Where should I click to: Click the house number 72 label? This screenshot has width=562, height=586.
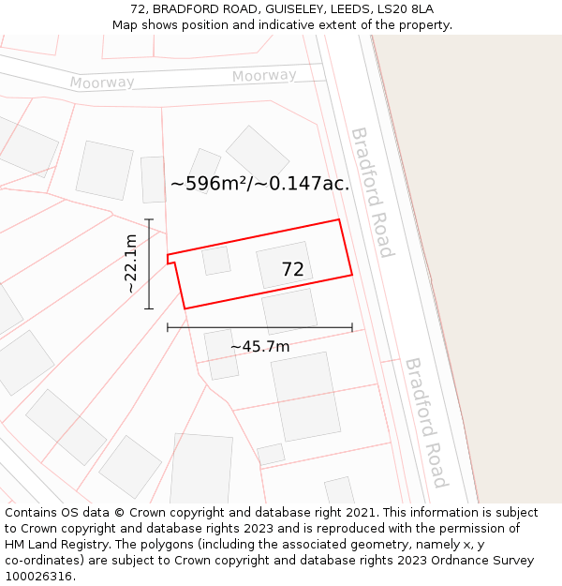pyautogui.click(x=292, y=270)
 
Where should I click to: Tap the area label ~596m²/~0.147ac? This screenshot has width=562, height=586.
pyautogui.click(x=259, y=184)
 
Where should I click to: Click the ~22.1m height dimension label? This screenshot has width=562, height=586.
pyautogui.click(x=131, y=263)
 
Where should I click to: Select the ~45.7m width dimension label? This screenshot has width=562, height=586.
pyautogui.click(x=259, y=347)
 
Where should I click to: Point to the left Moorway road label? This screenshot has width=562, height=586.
pyautogui.click(x=102, y=83)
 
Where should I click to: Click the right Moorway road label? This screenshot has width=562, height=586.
pyautogui.click(x=264, y=76)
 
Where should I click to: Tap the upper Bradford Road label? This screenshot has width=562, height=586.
pyautogui.click(x=371, y=192)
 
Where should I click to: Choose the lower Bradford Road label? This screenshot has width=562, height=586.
pyautogui.click(x=424, y=423)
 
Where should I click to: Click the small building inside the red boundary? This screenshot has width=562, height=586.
pyautogui.click(x=216, y=260)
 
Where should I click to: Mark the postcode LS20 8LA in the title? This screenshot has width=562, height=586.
pyautogui.click(x=406, y=9)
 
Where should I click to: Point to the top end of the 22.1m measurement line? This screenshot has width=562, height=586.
pyautogui.click(x=149, y=219)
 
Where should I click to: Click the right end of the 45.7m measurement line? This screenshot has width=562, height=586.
pyautogui.click(x=352, y=327)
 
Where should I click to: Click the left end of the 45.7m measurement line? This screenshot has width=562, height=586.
pyautogui.click(x=168, y=327)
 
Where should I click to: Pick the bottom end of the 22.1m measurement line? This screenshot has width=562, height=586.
pyautogui.click(x=149, y=308)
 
